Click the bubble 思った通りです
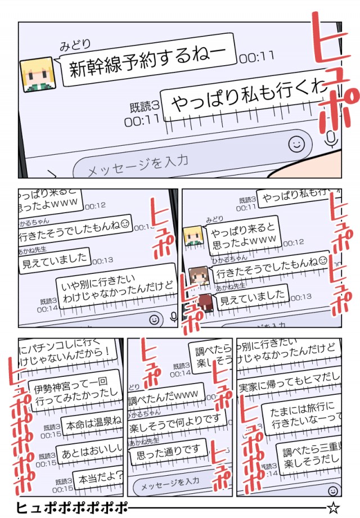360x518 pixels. point(166,452)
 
